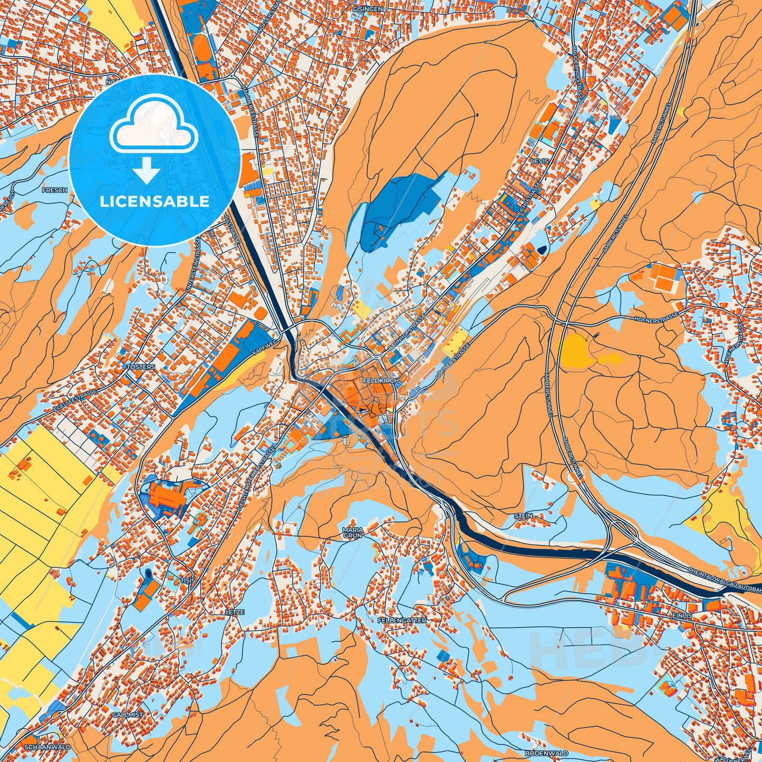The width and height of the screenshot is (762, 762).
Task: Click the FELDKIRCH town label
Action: coord(378,380)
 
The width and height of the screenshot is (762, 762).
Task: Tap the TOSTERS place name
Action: coord(141,366)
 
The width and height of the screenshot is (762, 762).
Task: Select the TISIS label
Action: coord(188,580)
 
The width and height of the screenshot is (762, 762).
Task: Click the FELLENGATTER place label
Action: coord(402,621)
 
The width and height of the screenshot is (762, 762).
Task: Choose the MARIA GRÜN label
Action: coord(353,532)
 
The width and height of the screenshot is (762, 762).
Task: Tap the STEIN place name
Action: coord(523,515)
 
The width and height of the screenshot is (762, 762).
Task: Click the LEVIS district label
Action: coord(539,161)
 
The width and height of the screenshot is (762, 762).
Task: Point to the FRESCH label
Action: coord(55,190)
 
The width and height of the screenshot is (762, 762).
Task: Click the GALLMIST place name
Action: coord(127,715)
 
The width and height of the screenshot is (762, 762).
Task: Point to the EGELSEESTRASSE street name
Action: coord(74,401)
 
